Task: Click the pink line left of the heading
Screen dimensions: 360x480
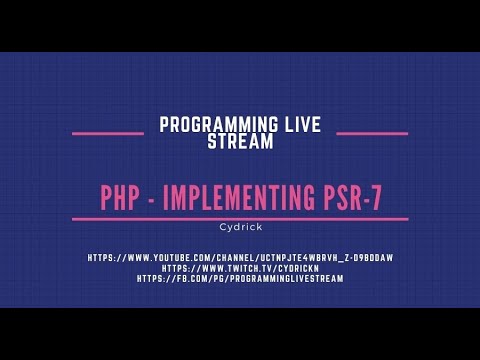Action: [108, 132]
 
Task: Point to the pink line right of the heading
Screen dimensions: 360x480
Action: [371, 132]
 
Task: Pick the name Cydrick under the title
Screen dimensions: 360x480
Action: [240, 226]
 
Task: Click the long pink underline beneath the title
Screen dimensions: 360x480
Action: [240, 218]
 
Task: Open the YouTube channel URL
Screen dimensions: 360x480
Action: [240, 258]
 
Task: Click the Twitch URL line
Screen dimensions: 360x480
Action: [240, 268]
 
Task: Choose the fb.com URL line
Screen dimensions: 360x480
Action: [240, 279]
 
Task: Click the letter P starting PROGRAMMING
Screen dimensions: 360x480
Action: [164, 124]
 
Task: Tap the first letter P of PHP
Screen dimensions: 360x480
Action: [107, 197]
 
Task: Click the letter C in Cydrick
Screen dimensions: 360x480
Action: [223, 226]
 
